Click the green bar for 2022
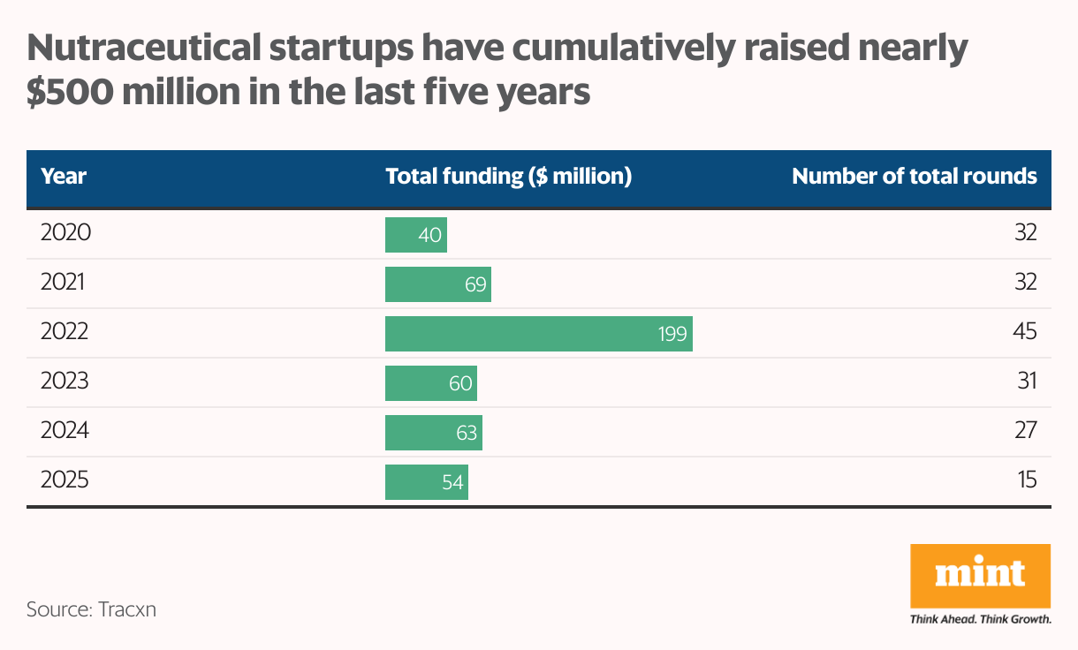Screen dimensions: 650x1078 coord(538,334)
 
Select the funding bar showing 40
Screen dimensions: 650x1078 coord(415,235)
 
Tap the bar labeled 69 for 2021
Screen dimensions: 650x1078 coord(437,284)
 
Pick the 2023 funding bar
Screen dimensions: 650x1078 coord(430,383)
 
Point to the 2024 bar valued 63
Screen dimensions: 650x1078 coord(433,433)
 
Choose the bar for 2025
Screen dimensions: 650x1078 coord(426,482)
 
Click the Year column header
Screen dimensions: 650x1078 coord(64,176)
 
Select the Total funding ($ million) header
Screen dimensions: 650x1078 coord(508,176)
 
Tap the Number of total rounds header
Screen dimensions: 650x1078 coord(914,176)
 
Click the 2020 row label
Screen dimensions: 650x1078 coord(66,233)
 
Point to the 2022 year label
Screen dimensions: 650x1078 coord(66,332)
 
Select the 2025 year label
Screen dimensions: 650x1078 coord(66,480)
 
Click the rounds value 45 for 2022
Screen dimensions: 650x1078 coord(1024,332)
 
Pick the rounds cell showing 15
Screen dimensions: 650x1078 coord(1025,480)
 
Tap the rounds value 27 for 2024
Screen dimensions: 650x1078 coord(1024,431)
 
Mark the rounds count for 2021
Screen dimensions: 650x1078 coord(1024,283)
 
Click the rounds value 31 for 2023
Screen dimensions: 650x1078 coord(1025,382)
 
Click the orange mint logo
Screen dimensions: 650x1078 coord(980,575)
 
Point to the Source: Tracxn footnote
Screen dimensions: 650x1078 coord(91,609)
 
